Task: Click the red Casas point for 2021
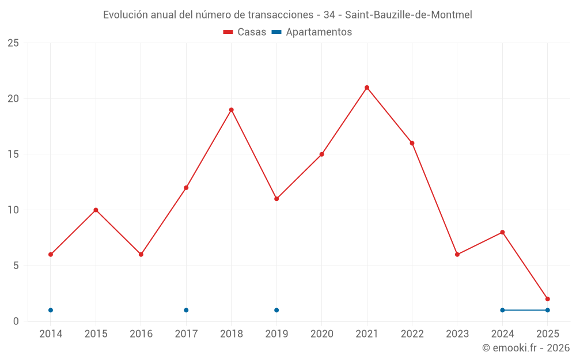367,88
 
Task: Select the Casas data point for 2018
231,110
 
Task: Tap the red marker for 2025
548,299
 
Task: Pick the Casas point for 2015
96,210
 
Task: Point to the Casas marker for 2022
412,143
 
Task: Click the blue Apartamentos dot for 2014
51,310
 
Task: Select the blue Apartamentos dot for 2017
186,310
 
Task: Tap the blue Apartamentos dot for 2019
276,310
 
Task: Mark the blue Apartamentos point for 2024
502,310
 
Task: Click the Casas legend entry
245,32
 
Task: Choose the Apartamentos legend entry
312,32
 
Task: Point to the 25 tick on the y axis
13,43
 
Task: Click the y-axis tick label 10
13,210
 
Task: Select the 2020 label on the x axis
321,334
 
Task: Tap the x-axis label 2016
141,334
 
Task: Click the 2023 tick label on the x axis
457,334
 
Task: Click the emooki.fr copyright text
526,348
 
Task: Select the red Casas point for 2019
276,199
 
